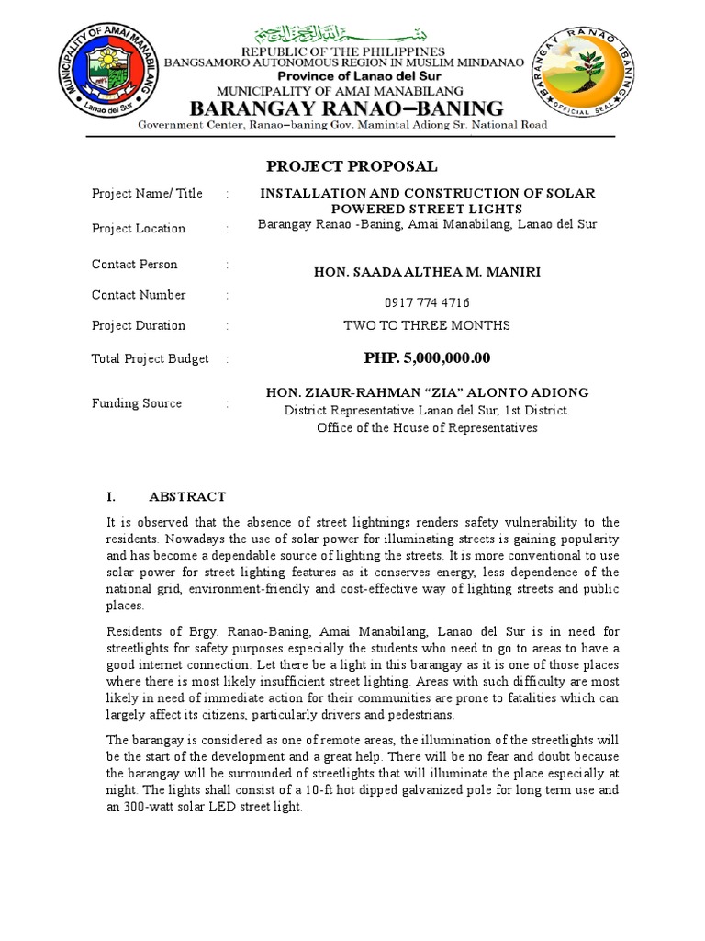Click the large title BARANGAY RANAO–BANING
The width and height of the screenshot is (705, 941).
(346, 108)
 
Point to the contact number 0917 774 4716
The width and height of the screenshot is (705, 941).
(426, 302)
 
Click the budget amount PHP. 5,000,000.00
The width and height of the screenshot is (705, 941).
(427, 357)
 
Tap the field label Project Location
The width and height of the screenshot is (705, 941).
(139, 228)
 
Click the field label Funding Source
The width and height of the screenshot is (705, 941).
(137, 403)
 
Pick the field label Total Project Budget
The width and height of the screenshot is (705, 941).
(151, 358)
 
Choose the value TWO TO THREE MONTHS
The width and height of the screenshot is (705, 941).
(427, 325)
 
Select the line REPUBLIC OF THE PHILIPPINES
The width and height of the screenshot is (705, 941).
(341, 51)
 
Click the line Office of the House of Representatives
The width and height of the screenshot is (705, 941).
(427, 427)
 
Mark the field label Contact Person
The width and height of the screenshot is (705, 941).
(135, 265)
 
